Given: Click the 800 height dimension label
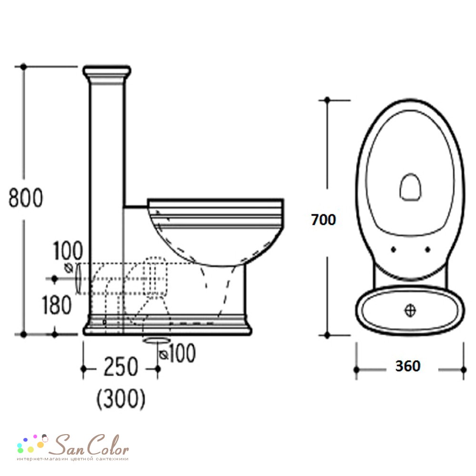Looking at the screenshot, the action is pyautogui.click(x=26, y=198).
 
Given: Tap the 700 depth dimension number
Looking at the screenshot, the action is pyautogui.click(x=324, y=220).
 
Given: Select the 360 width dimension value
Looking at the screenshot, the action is pyautogui.click(x=408, y=366).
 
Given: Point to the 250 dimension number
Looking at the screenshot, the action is pyautogui.click(x=121, y=367).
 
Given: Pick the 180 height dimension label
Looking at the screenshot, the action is pyautogui.click(x=57, y=305).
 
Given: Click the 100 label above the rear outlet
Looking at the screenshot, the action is pyautogui.click(x=68, y=250).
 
